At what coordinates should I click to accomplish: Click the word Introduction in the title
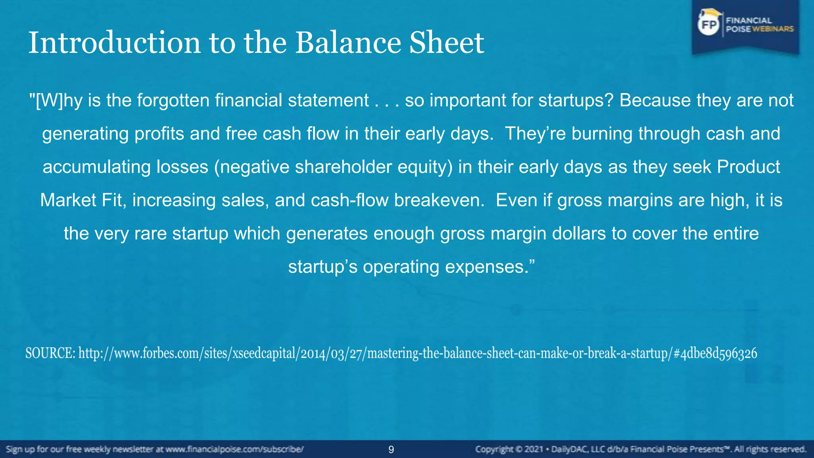point(114,43)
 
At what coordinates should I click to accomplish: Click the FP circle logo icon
point(709,25)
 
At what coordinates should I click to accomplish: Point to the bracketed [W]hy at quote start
point(56,101)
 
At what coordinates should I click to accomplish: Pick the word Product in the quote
point(748,167)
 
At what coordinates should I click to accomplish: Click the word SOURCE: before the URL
point(50,353)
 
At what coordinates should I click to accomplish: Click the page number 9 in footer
point(391,450)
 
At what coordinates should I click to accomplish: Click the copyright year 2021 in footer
point(533,450)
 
